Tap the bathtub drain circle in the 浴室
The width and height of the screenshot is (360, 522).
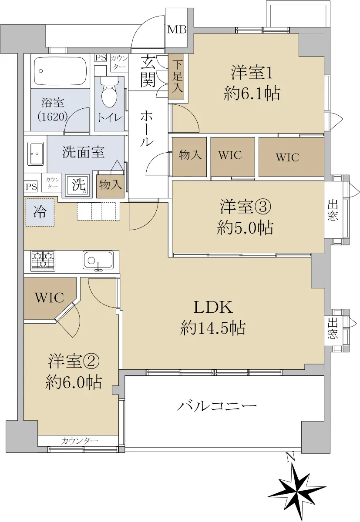pyautogui.click(x=41, y=71)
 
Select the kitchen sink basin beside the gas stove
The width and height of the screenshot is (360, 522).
pyautogui.click(x=98, y=260)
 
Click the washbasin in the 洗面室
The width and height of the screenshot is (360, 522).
pyautogui.click(x=35, y=154)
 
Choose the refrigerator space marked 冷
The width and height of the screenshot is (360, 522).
pyautogui.click(x=40, y=212)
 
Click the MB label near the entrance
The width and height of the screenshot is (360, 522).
pyautogui.click(x=177, y=30)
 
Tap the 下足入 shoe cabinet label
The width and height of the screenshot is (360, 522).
pyautogui.click(x=178, y=76)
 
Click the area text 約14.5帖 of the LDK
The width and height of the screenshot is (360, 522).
pyautogui.click(x=212, y=328)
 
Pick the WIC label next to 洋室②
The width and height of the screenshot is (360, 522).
pyautogui.click(x=50, y=298)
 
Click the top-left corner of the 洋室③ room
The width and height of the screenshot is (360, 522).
pyautogui.click(x=172, y=181)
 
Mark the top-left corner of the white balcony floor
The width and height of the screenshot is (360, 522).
pyautogui.click(x=125, y=376)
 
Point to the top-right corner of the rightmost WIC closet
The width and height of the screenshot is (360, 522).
pyautogui.click(x=324, y=137)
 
